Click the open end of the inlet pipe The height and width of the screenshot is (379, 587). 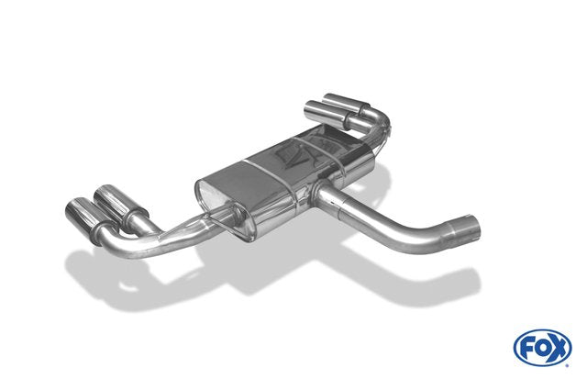tap(471, 229)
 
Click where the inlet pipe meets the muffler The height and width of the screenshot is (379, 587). tap(319, 191)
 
